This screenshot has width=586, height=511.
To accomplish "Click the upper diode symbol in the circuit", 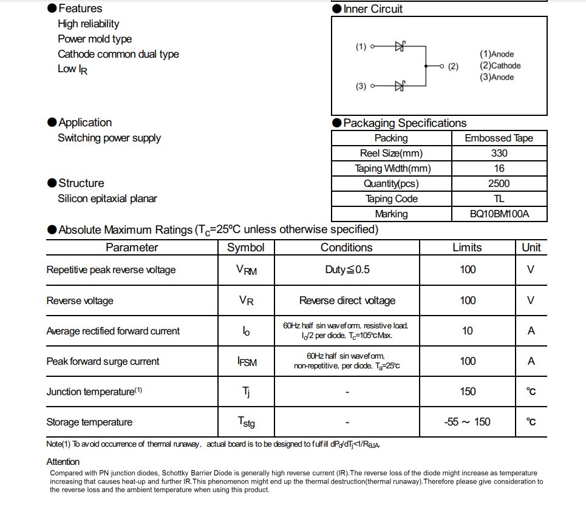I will coord(400,46).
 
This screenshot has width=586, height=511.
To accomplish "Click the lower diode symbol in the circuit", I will coord(400,86).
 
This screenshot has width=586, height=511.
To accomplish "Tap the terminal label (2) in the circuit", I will coord(453,66).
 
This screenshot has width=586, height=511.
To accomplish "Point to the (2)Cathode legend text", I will coord(500,66).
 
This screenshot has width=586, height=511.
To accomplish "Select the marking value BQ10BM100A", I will coord(499,214).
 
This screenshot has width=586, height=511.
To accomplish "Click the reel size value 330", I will coord(499,153).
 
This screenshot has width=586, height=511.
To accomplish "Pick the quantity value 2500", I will coord(499,183).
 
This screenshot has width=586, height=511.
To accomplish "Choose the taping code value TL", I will coord(499,198).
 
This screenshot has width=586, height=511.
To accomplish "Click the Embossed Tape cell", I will coord(499,138).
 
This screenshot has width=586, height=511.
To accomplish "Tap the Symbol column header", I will coord(245,248).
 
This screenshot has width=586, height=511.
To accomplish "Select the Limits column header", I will coord(467,248).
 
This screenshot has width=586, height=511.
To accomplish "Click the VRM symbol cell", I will coord(246,270).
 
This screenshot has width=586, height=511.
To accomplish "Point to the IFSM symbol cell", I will coord(247,362).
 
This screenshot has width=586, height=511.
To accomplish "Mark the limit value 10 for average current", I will coord(467,331).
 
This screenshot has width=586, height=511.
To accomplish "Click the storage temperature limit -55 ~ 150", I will coord(467,422).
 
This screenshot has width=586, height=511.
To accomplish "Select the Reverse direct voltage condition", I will coord(347,300).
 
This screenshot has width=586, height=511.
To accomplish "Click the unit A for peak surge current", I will coord(531,361).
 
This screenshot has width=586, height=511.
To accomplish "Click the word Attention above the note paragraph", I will coord(63,462).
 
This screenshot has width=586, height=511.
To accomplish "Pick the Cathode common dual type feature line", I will coord(118,54).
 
